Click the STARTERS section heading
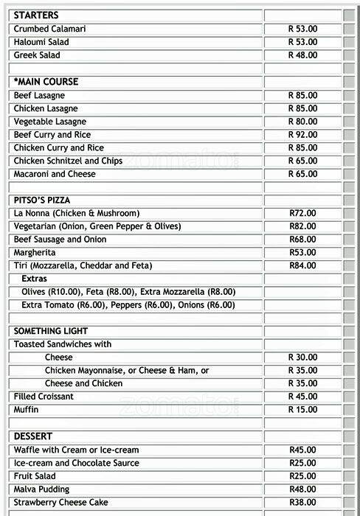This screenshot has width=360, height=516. (x=36, y=15)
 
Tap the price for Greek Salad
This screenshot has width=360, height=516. (x=302, y=55)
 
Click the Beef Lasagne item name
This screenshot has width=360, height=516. (x=39, y=96)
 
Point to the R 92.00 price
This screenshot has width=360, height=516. (x=302, y=135)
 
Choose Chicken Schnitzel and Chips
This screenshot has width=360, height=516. (x=68, y=161)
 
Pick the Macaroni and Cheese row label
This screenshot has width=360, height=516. (x=55, y=174)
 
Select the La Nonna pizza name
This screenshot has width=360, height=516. (x=76, y=213)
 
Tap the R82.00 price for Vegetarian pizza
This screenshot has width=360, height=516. (x=302, y=226)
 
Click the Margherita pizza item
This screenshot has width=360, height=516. (x=34, y=253)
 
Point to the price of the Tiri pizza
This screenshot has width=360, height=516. (x=302, y=265)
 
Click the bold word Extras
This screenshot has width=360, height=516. (x=34, y=279)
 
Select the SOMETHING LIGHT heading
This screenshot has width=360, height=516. (x=51, y=331)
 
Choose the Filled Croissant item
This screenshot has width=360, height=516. (x=44, y=397)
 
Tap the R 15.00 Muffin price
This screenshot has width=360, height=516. (x=302, y=410)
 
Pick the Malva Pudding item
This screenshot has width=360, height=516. (x=41, y=489)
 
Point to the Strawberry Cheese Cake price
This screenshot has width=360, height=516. (x=302, y=503)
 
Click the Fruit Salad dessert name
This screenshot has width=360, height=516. (x=35, y=476)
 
